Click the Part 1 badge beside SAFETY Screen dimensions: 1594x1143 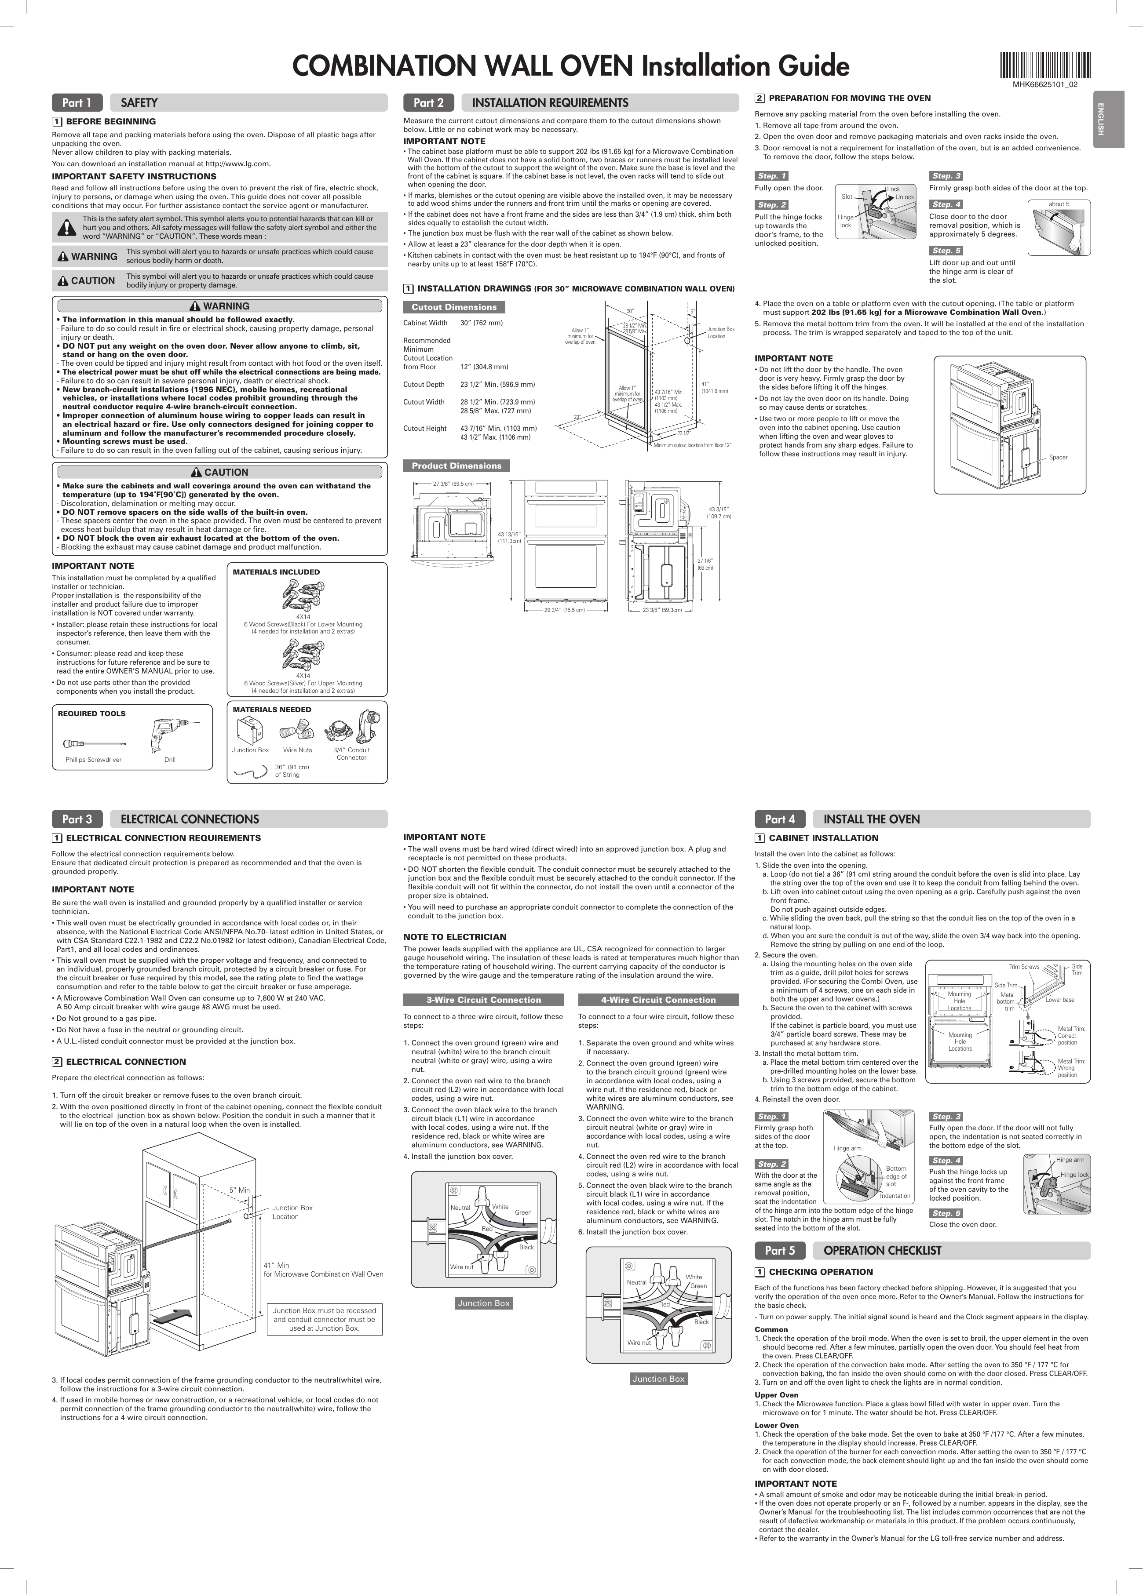click(77, 102)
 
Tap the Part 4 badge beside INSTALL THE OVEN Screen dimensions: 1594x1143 click(780, 819)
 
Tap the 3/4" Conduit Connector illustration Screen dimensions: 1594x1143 click(351, 730)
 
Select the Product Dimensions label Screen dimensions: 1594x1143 click(456, 466)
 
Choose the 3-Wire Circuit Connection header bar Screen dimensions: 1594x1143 click(484, 999)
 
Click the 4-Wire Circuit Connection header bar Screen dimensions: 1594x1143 click(658, 999)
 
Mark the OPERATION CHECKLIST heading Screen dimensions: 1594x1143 click(881, 1250)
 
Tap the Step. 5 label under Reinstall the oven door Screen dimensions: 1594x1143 click(946, 1213)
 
